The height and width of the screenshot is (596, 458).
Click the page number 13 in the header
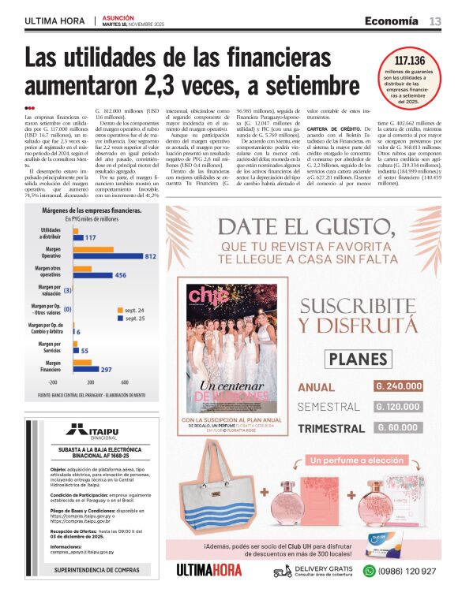click(x=435, y=20)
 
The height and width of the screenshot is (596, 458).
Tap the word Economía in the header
click(x=392, y=20)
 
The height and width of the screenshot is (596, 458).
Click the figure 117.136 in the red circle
click(x=409, y=61)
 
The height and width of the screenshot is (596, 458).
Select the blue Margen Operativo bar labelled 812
click(x=111, y=256)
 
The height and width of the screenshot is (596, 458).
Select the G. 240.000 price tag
click(x=400, y=386)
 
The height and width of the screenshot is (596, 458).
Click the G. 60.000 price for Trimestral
click(x=400, y=427)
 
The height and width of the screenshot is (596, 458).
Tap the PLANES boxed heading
click(x=352, y=359)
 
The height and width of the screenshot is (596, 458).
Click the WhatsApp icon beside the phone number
click(x=369, y=571)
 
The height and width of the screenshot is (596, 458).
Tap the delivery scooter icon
click(x=282, y=571)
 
